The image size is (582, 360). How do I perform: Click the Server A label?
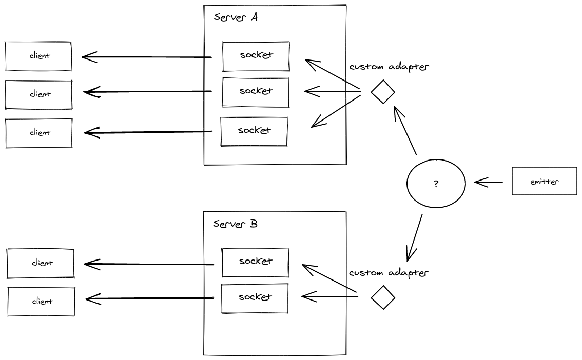click(x=236, y=17)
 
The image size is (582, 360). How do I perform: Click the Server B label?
click(x=235, y=224)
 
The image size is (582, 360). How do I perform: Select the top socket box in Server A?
click(x=256, y=56)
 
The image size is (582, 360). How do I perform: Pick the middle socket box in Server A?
click(x=256, y=92)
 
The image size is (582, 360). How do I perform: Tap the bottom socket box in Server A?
click(x=254, y=131)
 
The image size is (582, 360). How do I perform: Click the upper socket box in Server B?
click(x=255, y=262)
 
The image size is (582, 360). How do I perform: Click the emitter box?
click(x=544, y=181)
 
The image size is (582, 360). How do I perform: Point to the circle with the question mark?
click(x=436, y=184)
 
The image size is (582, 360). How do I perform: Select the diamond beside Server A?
click(x=383, y=92)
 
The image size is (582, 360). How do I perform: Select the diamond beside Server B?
click(x=383, y=297)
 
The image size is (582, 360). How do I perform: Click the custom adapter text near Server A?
click(x=389, y=67)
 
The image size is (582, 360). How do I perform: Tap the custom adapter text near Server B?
click(x=389, y=272)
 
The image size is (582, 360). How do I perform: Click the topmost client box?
click(x=38, y=56)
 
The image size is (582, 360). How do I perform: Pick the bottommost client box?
click(x=41, y=302)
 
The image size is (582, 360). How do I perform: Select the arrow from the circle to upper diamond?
click(x=404, y=130)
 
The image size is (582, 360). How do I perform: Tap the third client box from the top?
click(x=39, y=133)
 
